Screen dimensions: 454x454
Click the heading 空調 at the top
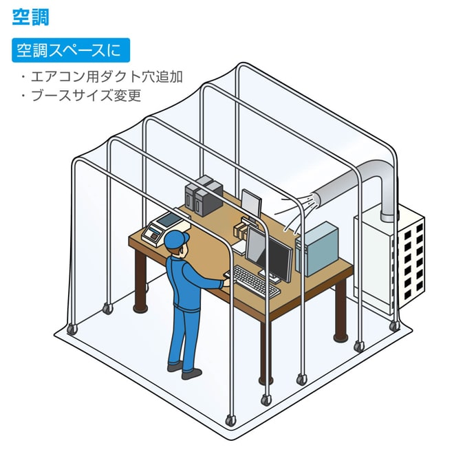31,17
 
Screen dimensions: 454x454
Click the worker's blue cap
176,239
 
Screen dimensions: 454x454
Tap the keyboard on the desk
255,281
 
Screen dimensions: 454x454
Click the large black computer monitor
279,256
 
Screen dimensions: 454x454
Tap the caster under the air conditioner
394,325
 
